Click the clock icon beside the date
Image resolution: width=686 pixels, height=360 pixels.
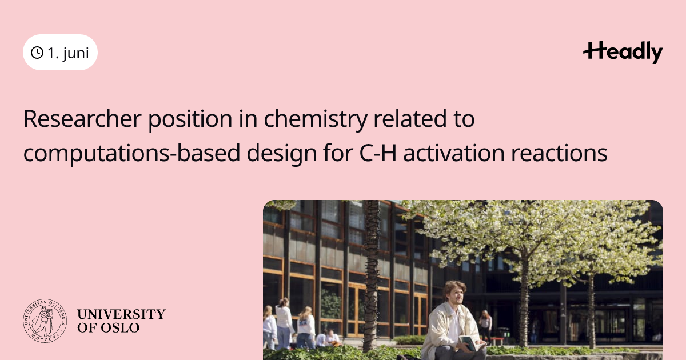click(x=37, y=53)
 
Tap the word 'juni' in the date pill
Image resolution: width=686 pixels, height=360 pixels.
click(x=76, y=53)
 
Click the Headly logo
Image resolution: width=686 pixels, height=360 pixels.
click(x=623, y=52)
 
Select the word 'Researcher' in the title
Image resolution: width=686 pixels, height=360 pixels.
click(x=82, y=119)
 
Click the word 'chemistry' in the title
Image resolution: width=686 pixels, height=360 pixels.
click(x=316, y=119)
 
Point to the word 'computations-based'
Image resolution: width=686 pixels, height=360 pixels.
click(x=131, y=154)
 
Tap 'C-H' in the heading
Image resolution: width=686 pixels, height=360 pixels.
click(x=378, y=153)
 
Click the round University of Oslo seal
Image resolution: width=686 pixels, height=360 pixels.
click(x=45, y=321)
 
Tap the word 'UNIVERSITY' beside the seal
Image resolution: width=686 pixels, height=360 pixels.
click(x=121, y=314)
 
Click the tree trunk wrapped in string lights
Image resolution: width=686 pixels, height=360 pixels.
click(x=371, y=275)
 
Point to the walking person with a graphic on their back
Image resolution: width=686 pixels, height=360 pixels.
click(x=305, y=327)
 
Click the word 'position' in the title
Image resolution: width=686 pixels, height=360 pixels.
click(x=190, y=119)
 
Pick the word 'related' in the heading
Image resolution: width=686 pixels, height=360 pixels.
click(x=410, y=119)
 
